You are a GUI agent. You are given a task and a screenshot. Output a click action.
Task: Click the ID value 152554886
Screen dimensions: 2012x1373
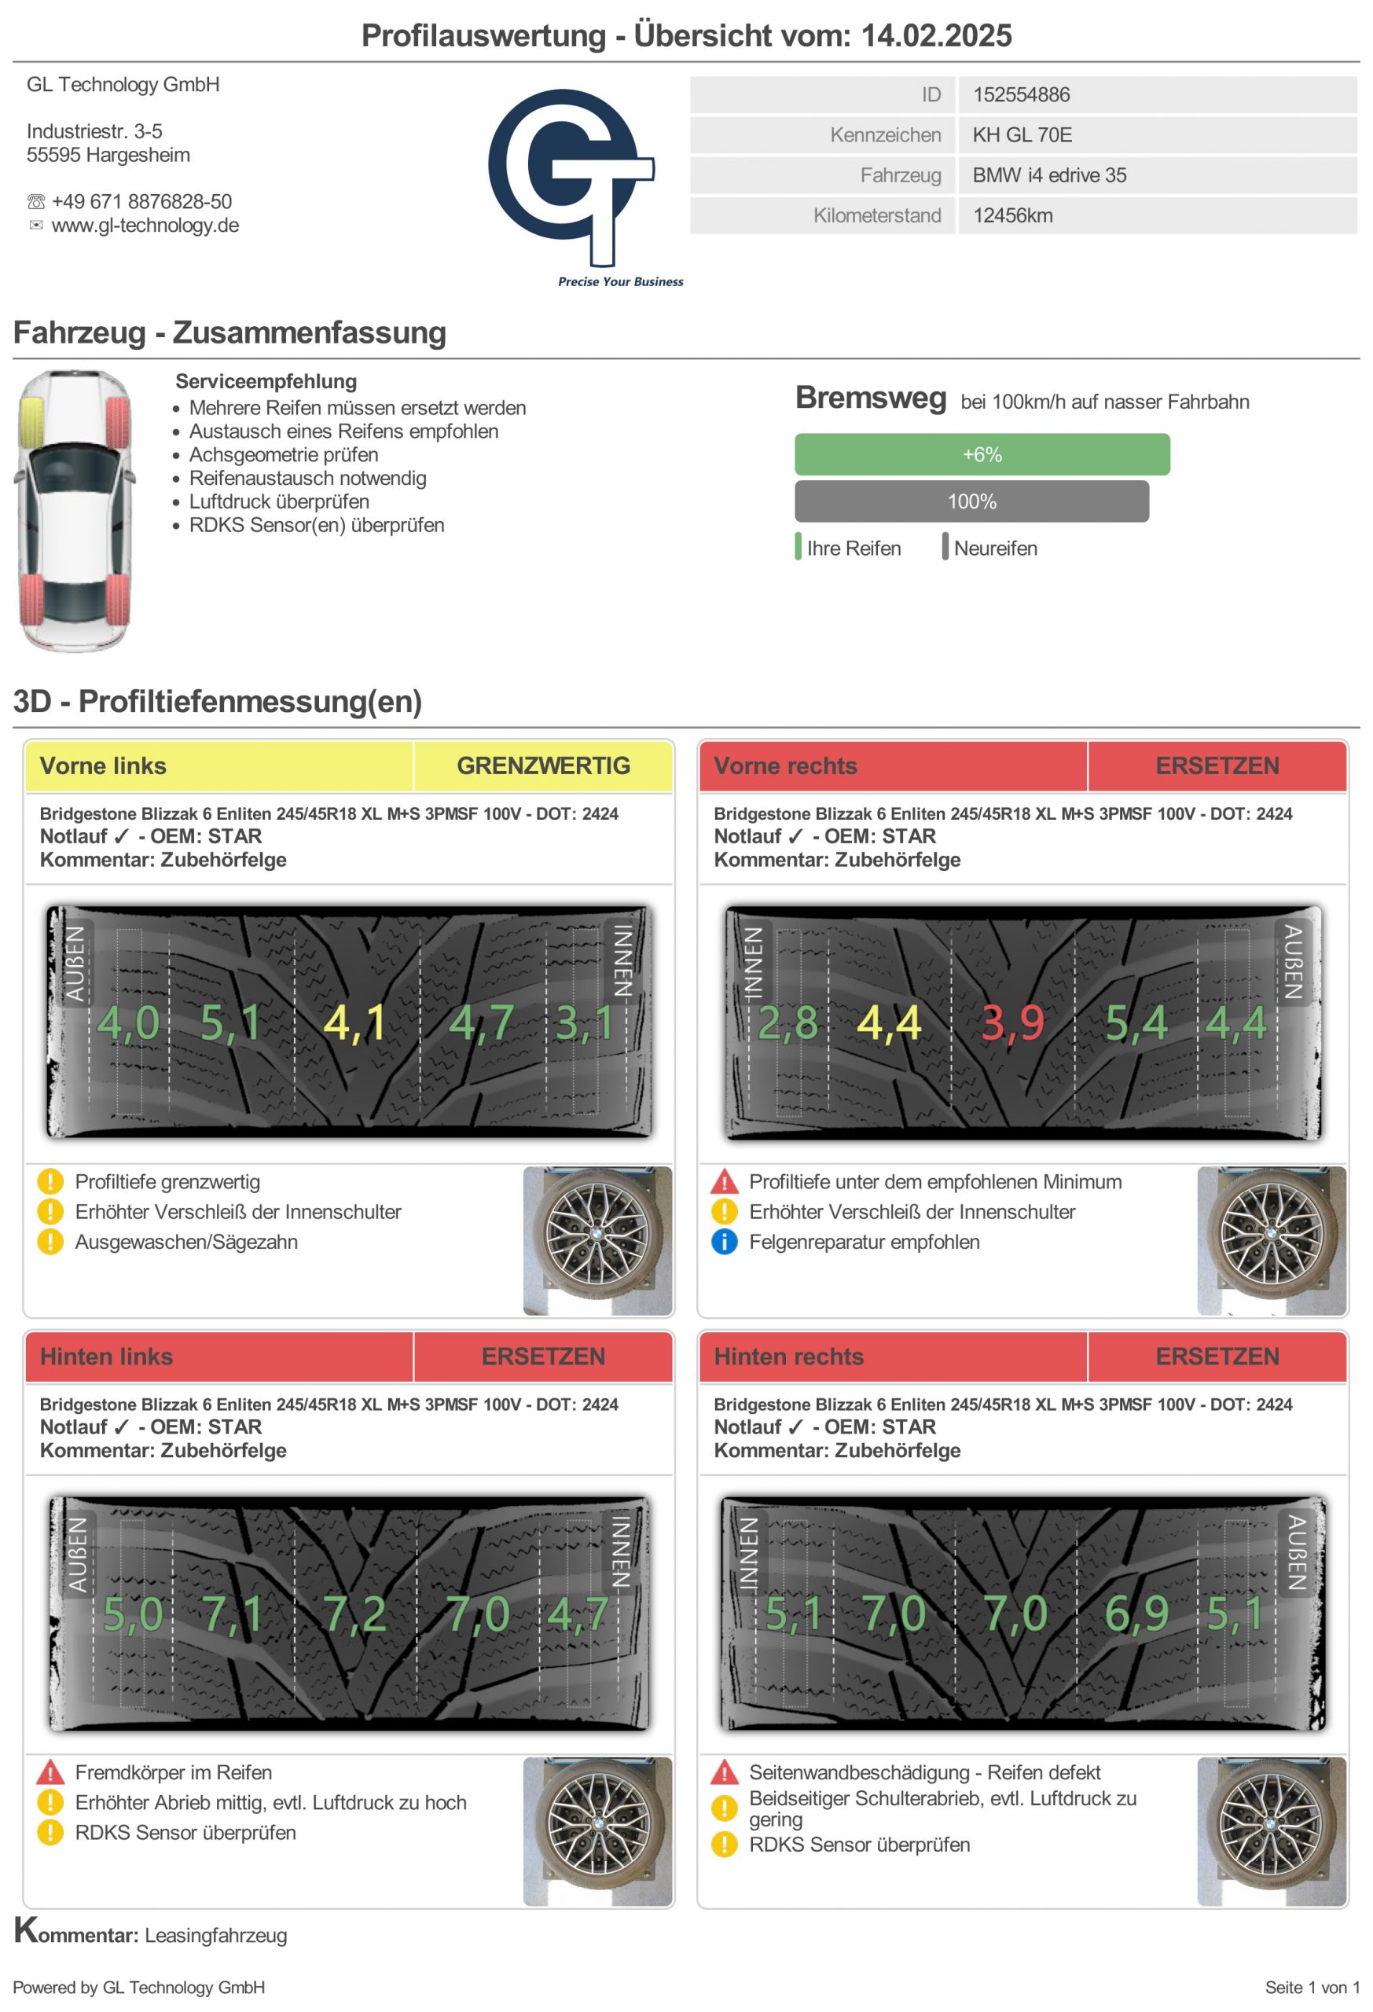1021,94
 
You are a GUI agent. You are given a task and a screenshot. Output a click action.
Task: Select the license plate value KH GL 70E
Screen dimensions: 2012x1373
1022,135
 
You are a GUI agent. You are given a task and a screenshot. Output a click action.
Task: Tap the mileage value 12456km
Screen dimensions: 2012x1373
1012,215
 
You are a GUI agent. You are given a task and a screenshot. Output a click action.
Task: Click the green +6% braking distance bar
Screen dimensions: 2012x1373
982,454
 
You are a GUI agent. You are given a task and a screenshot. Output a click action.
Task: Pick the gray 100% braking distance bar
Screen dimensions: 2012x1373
971,501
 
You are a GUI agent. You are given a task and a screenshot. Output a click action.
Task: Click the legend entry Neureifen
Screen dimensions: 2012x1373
995,548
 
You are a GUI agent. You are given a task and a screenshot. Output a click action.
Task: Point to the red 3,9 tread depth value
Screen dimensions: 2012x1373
1012,1023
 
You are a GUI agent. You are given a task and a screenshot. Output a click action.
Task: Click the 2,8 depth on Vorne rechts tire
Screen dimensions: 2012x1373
787,1023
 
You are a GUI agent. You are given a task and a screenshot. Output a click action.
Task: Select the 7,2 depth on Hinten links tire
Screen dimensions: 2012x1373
354,1614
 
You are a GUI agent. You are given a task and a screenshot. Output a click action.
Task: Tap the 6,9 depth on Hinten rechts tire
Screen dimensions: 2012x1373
1136,1614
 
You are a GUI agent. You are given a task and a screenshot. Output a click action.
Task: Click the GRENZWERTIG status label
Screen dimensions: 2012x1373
543,766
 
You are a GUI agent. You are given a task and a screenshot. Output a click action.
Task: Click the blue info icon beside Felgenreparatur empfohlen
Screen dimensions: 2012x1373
724,1242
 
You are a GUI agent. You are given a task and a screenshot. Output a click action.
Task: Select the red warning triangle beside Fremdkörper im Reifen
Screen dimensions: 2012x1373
50,1772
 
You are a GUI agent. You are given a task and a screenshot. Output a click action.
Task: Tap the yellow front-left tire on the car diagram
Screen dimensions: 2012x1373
32,421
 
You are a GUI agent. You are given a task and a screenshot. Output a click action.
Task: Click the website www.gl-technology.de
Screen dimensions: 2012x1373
145,226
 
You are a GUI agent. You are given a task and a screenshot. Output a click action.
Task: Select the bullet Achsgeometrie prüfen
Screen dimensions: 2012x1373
283,454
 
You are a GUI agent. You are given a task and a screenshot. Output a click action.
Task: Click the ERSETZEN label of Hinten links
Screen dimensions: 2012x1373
543,1357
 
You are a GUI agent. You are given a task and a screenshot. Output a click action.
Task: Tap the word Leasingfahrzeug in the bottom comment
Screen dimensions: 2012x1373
215,1935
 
